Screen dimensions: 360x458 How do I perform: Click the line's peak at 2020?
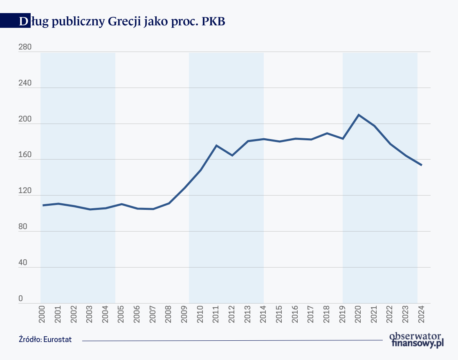point(359,115)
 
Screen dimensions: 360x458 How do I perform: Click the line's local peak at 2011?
point(216,145)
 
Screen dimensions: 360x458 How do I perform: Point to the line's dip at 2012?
point(232,155)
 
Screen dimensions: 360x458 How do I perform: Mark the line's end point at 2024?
point(421,165)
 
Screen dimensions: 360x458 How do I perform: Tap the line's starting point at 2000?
point(43,205)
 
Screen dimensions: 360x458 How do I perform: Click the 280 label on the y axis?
point(25,48)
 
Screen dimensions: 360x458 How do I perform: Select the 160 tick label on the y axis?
point(25,155)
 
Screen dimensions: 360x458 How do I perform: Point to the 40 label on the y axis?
point(23,263)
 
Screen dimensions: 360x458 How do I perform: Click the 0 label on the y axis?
point(21,299)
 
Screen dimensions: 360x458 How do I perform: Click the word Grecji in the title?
point(122,22)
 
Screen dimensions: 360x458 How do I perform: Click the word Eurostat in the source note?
point(58,340)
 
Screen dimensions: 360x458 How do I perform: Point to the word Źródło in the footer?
point(30,340)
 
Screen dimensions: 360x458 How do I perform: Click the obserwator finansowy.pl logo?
point(416,340)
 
